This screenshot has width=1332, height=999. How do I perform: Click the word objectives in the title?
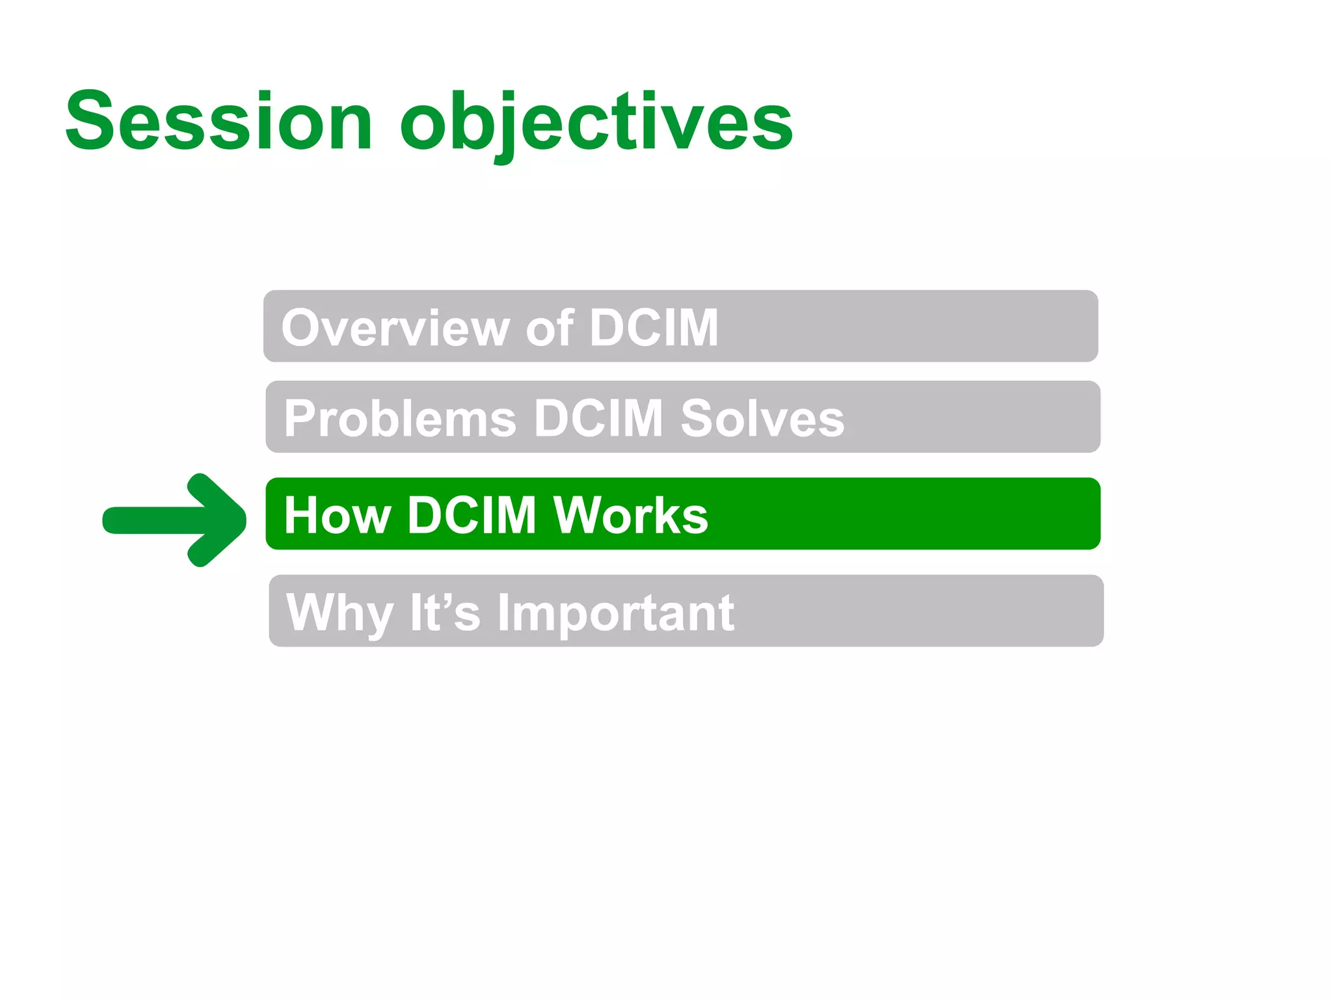596,122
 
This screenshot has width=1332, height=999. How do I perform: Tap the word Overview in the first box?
395,328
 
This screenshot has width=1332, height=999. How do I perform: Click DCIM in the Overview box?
654,328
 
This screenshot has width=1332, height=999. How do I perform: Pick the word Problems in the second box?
400,418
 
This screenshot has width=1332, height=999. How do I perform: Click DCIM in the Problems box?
598,418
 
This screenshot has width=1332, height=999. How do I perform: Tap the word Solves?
762,418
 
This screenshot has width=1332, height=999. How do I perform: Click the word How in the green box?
337,515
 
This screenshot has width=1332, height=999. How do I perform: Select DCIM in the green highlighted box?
472,515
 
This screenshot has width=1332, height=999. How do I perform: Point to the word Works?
630,515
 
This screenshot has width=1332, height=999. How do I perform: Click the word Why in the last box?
340,613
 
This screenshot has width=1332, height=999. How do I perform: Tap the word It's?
445,613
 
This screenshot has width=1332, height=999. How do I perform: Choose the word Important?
616,613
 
